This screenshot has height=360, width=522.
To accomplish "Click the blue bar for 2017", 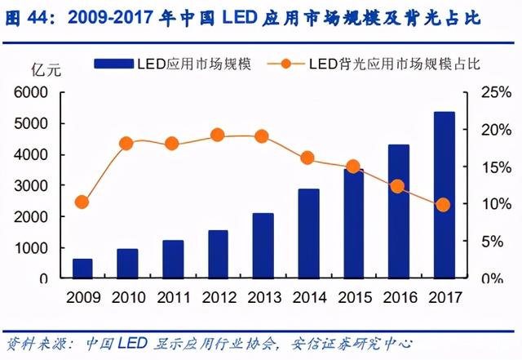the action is [x=445, y=195].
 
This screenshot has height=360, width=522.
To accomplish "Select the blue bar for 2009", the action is [x=82, y=269].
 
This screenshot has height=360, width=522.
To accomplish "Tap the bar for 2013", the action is [x=263, y=246].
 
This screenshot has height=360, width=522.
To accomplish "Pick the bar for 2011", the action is [x=173, y=259].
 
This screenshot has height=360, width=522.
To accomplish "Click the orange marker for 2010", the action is [x=126, y=144].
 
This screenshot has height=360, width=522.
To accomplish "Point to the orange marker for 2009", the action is [x=82, y=202].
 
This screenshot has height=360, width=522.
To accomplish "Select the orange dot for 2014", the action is [x=307, y=158].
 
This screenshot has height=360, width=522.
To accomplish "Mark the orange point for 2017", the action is [x=443, y=205].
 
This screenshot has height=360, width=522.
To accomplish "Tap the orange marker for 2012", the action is [x=218, y=136].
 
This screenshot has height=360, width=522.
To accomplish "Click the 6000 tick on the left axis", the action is [x=31, y=92].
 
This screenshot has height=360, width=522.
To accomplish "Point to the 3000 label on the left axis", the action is [x=31, y=186].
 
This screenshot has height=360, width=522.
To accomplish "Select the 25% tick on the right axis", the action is [x=496, y=92].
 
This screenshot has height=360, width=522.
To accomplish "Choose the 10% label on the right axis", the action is [x=496, y=203].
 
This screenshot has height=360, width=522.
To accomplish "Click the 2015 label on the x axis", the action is [x=355, y=297].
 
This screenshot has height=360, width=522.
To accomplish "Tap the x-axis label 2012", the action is [x=219, y=297].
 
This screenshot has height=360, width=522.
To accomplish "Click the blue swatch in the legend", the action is [x=114, y=64].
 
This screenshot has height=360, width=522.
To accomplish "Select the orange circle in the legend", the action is [x=286, y=64].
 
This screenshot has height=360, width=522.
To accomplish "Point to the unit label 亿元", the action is [x=46, y=70].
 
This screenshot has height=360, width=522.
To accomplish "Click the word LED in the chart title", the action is [x=240, y=17].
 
